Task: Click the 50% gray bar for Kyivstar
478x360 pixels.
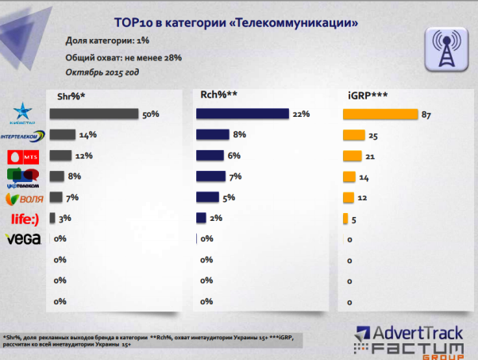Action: [94, 114]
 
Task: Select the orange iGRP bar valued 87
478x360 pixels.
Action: [380, 114]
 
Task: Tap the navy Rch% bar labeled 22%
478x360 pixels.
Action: [242, 114]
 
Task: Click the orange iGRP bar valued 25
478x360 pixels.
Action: [353, 135]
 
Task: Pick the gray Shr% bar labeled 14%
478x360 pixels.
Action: [63, 135]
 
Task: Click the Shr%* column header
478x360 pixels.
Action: [71, 95]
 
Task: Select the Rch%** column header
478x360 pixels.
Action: [218, 95]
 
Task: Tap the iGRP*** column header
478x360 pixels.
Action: [368, 95]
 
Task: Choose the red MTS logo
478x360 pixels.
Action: [22, 156]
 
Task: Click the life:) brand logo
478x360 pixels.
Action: [22, 218]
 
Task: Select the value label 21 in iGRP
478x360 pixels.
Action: [370, 156]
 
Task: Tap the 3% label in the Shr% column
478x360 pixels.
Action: [64, 218]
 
